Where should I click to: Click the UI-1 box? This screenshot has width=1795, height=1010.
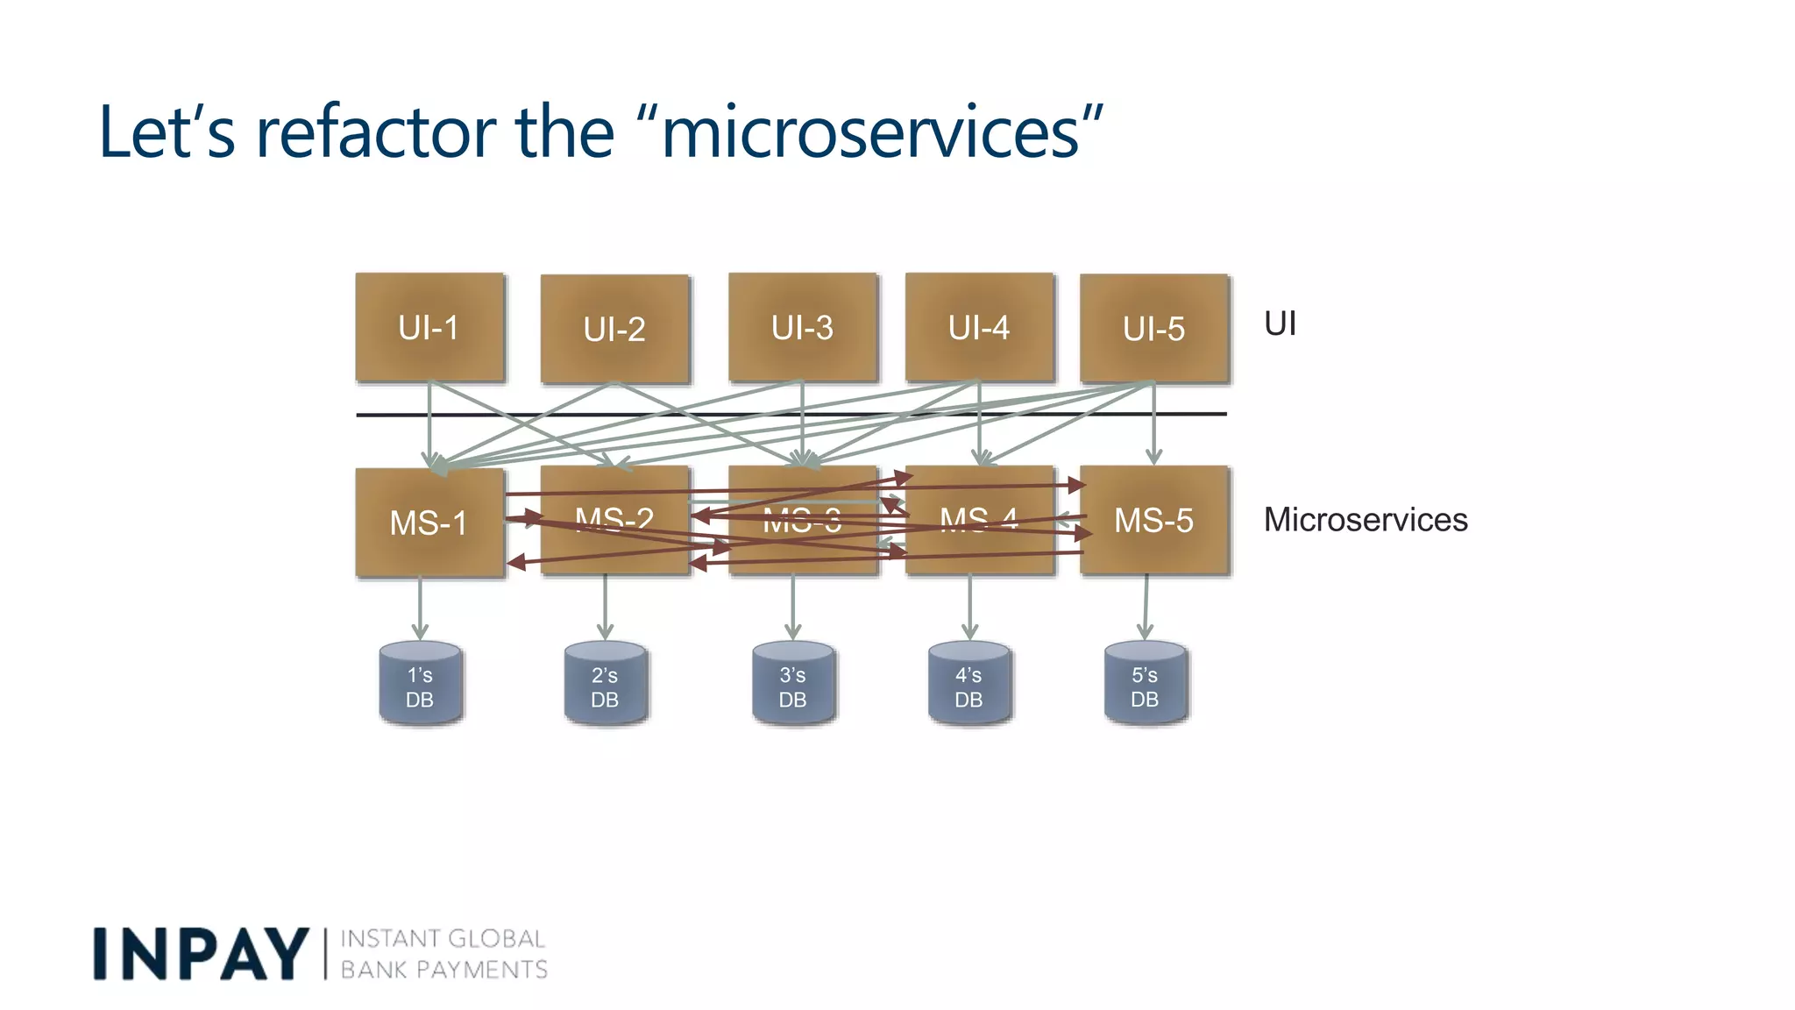[429, 328]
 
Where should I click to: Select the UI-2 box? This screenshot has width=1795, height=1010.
[614, 330]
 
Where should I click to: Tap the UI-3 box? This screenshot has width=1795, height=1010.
[802, 328]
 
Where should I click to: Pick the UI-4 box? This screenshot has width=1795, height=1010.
[979, 328]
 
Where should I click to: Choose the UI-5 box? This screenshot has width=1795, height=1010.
[1154, 329]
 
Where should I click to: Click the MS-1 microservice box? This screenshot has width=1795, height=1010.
[429, 523]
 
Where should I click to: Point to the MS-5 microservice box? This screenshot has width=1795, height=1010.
[1154, 521]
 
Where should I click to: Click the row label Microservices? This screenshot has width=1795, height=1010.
[1365, 520]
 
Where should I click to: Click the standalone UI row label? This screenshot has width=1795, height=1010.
[1280, 324]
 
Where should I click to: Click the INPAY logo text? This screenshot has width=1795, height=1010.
[201, 954]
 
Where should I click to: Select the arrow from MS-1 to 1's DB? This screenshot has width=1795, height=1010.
[420, 607]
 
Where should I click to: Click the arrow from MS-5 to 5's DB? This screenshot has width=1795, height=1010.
[1146, 607]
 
